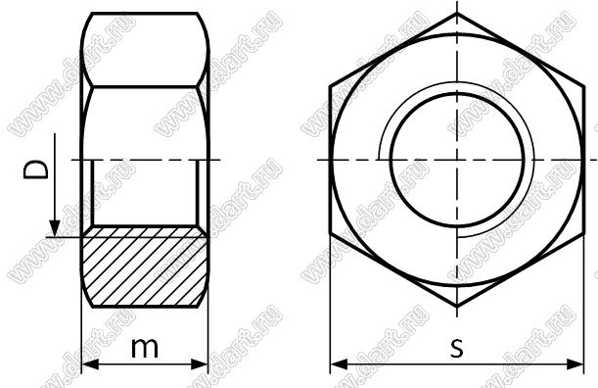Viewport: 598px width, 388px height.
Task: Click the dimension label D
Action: (36, 170)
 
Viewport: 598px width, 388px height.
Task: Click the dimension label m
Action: (145, 348)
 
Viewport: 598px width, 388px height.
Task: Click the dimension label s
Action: (456, 348)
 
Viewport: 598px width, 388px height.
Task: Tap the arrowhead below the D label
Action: (55, 228)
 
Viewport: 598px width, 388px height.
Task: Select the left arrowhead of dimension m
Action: (91, 364)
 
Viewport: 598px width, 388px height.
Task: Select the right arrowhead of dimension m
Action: (200, 364)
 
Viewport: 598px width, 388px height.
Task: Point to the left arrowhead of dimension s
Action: (339, 364)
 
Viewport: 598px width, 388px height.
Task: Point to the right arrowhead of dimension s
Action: (575, 364)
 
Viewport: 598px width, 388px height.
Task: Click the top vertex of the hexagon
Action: (457, 14)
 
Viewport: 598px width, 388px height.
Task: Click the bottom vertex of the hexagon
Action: (457, 307)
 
